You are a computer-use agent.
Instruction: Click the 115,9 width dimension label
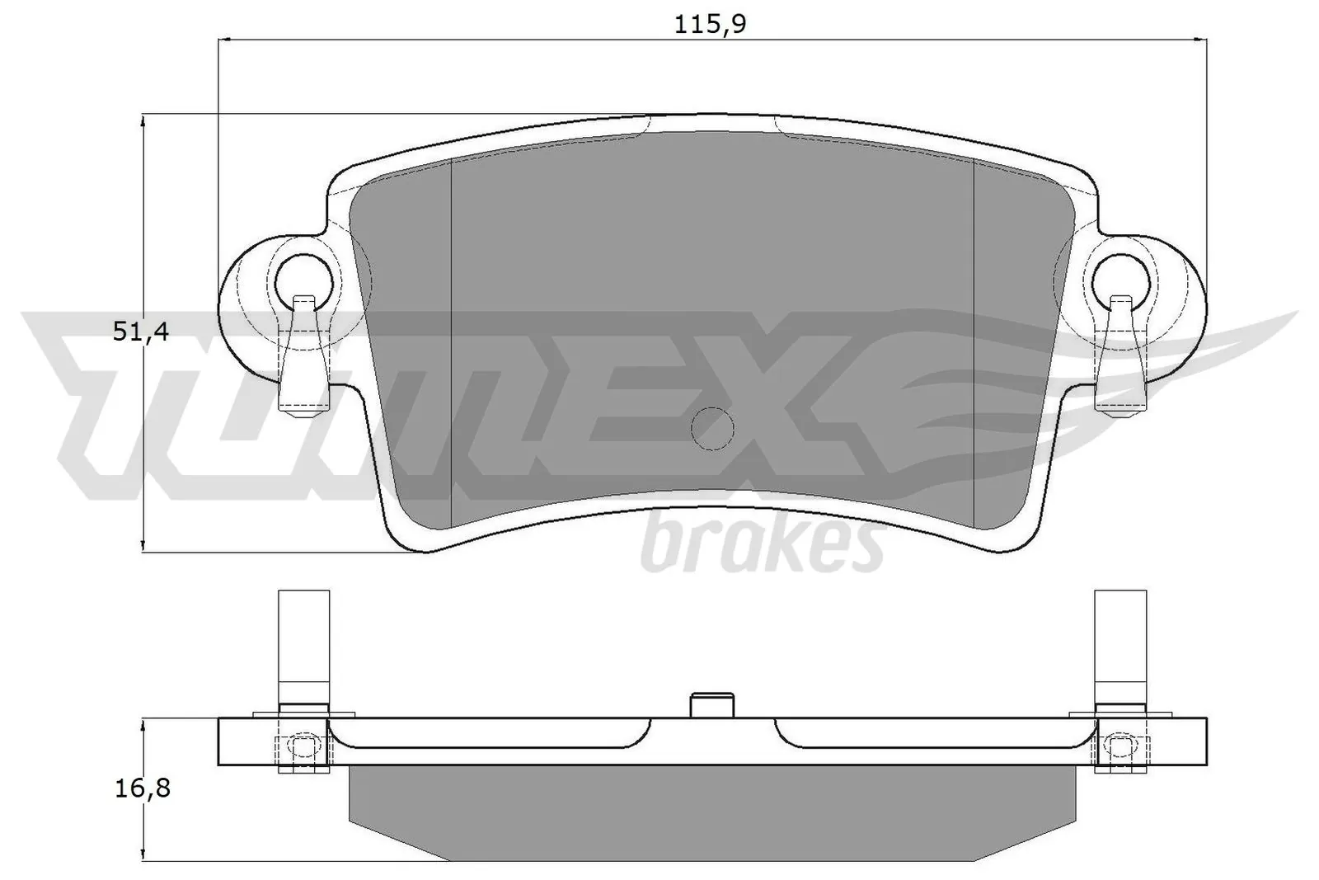[x=710, y=24]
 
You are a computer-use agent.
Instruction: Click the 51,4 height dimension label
[x=140, y=332]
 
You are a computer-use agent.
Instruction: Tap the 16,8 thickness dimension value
[x=142, y=788]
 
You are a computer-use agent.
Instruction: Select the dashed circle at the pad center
[x=711, y=429]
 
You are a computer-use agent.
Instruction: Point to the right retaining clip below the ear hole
[x=1120, y=359]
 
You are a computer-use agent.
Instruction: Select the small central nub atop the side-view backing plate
[x=711, y=706]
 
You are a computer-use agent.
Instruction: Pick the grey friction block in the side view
[x=711, y=812]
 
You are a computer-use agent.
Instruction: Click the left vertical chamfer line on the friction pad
[x=453, y=346]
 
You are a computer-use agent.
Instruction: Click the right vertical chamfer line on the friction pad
[x=974, y=346]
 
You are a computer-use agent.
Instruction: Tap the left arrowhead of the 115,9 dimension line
[x=224, y=39]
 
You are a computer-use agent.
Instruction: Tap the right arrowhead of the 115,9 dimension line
[x=1199, y=39]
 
